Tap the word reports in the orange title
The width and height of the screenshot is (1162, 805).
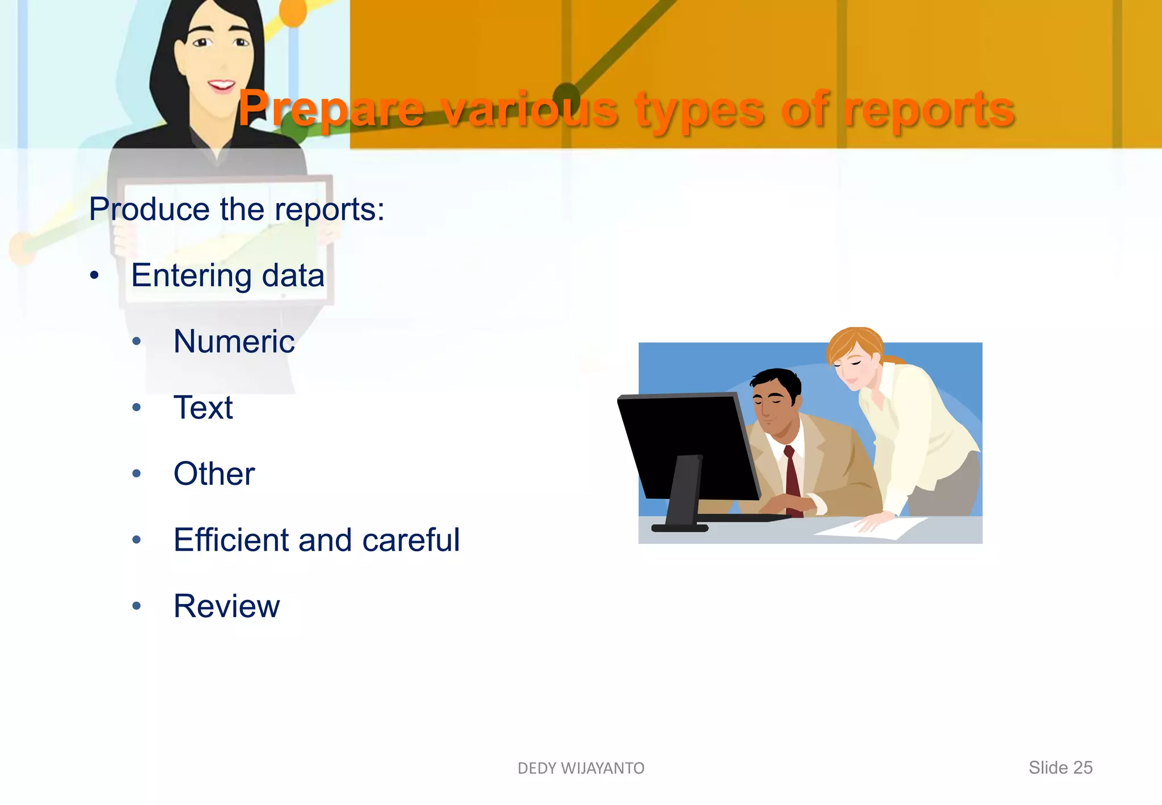coord(929,109)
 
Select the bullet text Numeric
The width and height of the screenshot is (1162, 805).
coord(234,341)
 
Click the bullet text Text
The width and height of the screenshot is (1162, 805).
coord(203,408)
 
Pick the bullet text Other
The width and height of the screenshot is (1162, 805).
coord(214,473)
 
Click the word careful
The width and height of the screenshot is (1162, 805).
coord(411,539)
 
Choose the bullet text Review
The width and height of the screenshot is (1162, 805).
coord(226,606)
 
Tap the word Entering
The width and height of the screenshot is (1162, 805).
coord(191,276)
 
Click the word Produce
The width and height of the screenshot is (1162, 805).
coord(149,209)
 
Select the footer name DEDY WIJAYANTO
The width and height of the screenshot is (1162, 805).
coord(581,768)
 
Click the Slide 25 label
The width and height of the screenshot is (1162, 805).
coord(1060,768)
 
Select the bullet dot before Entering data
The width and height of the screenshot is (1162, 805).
coord(95,276)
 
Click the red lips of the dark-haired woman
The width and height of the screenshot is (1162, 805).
coord(221,86)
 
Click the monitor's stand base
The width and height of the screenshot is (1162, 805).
coord(680,528)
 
